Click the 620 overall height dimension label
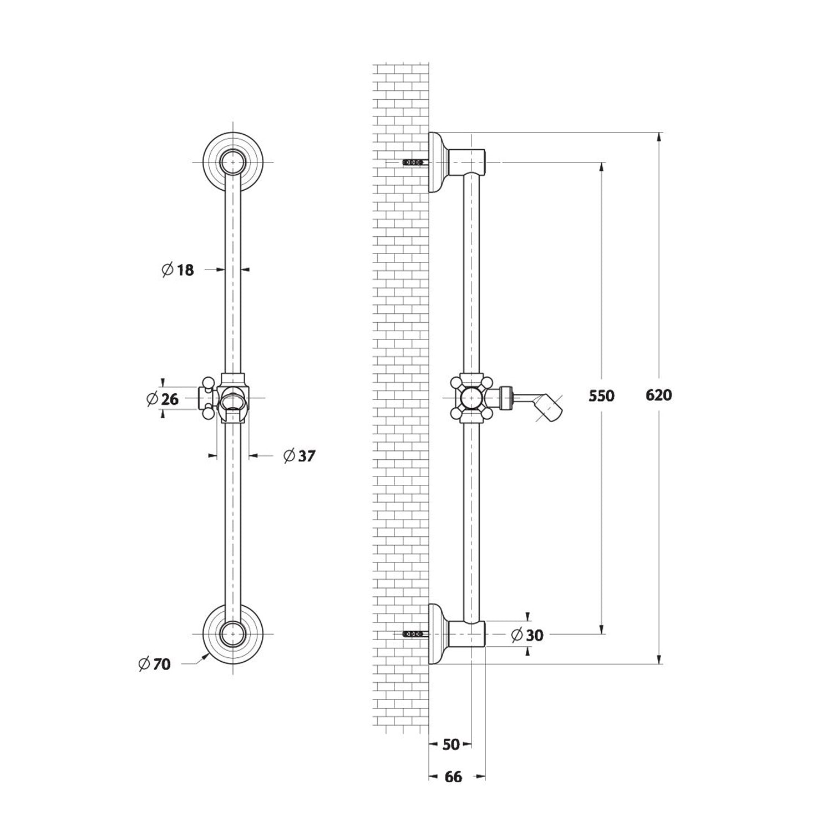[659, 395]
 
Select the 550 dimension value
[602, 396]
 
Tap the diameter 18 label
[177, 270]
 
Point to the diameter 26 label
[163, 398]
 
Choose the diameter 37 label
[299, 456]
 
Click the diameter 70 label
[154, 663]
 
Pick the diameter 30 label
[527, 635]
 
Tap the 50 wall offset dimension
[451, 744]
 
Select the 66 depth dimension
[453, 777]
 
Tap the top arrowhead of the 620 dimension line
[659, 136]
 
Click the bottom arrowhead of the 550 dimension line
[602, 629]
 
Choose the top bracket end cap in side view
[467, 162]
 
